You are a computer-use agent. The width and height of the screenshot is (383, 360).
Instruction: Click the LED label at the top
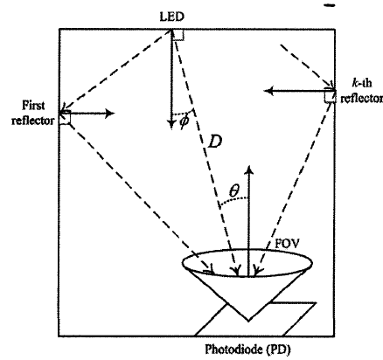click(x=172, y=17)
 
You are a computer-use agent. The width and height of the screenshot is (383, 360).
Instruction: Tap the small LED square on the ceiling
click(x=178, y=35)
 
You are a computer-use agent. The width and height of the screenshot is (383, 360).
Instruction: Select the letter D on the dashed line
click(x=215, y=142)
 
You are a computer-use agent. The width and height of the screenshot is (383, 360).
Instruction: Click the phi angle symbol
click(x=185, y=121)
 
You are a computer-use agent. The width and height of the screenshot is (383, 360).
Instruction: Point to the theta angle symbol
click(x=234, y=191)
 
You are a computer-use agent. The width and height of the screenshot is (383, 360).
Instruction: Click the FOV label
click(x=287, y=244)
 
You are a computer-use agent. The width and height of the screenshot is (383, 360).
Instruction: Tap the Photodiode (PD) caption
click(x=247, y=350)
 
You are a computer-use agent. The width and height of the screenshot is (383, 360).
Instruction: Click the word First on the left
click(x=33, y=106)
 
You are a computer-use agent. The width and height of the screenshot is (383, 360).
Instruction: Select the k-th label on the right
click(x=362, y=83)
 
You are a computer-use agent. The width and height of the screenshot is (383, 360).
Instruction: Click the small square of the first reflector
click(x=65, y=118)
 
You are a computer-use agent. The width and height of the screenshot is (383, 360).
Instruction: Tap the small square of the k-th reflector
click(x=330, y=97)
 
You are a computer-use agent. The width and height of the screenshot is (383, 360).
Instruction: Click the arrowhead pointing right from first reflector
click(x=110, y=113)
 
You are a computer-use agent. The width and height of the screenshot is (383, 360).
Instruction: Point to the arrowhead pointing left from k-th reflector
click(x=269, y=91)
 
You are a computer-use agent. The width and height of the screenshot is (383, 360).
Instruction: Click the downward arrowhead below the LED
click(x=171, y=124)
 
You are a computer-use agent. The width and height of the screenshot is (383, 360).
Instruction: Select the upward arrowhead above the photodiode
click(x=248, y=170)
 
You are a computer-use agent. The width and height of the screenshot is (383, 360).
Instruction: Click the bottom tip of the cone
click(x=248, y=322)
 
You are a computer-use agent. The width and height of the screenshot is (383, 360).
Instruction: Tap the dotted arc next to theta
click(x=233, y=200)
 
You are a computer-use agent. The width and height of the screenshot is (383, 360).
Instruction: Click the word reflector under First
click(x=33, y=120)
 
